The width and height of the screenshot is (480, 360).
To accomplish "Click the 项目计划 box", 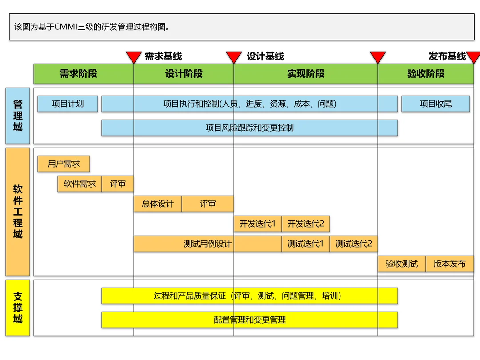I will pyautogui.click(x=68, y=104).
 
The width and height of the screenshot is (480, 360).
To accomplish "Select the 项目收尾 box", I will pyautogui.click(x=436, y=104).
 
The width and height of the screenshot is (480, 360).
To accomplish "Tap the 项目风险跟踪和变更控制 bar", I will pyautogui.click(x=249, y=128).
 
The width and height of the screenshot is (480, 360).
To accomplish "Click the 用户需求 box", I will pyautogui.click(x=64, y=164).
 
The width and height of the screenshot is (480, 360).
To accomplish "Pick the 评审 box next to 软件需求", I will pyautogui.click(x=118, y=184).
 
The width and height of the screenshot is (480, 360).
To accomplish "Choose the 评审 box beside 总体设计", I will pyautogui.click(x=208, y=204).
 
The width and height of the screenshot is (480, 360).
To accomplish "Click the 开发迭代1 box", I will pyautogui.click(x=258, y=224).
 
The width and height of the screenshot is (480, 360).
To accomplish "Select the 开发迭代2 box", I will pyautogui.click(x=306, y=224).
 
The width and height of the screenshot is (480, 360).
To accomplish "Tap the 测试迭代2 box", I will pyautogui.click(x=354, y=244).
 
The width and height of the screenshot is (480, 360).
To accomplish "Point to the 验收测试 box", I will pyautogui.click(x=402, y=264).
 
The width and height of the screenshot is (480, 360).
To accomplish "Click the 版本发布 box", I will pyautogui.click(x=450, y=264).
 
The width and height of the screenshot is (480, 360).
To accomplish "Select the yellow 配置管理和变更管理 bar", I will pyautogui.click(x=249, y=320).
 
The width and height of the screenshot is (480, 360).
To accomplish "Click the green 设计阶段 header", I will pyautogui.click(x=184, y=74).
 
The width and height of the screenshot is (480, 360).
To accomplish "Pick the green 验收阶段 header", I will pyautogui.click(x=426, y=74).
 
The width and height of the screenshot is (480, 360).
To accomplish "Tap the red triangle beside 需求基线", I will pyautogui.click(x=134, y=57).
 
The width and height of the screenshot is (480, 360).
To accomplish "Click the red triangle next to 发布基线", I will pyautogui.click(x=473, y=57).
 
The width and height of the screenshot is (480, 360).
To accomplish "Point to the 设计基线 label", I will pyautogui.click(x=265, y=56).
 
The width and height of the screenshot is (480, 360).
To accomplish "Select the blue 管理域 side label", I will pyautogui.click(x=18, y=116).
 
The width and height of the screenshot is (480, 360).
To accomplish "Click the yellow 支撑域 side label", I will pyautogui.click(x=18, y=308).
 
